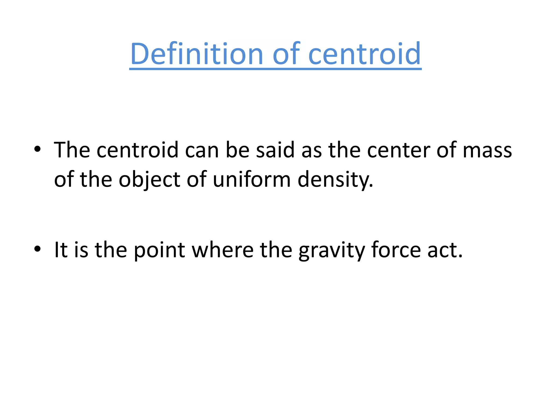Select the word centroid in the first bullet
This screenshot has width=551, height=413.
point(137,150)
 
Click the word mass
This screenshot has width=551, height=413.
point(487,150)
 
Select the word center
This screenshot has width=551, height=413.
point(398,150)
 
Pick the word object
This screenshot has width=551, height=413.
point(150,180)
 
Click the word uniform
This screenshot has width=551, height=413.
point(252,180)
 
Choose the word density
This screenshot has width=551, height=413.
point(335,180)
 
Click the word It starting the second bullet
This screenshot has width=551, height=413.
point(61,250)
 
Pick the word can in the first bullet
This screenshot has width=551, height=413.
point(202,150)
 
